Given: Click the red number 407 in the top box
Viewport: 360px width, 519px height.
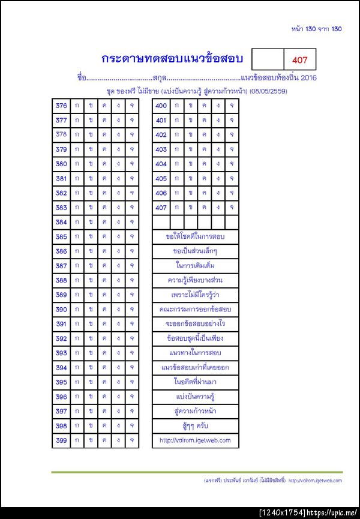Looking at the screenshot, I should [299, 60].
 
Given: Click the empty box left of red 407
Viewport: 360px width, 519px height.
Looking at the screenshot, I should [267, 60].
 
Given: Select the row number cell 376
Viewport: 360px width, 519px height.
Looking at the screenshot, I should [61, 106].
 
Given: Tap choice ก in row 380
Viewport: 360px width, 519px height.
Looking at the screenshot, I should [76, 164].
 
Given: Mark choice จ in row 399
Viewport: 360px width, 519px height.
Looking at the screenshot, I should [131, 440].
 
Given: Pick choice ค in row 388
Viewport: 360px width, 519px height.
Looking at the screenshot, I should [104, 280].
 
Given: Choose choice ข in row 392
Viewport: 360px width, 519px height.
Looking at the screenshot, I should [91, 338].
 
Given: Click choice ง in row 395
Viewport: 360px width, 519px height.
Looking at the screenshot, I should [118, 382].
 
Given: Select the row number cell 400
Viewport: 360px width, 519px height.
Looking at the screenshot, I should [161, 106].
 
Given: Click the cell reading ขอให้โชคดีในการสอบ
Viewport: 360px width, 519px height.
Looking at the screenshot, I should [196, 236].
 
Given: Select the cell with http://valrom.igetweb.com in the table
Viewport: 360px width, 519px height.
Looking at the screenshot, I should [196, 440].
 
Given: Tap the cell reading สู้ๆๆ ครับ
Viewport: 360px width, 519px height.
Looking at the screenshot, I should [196, 425].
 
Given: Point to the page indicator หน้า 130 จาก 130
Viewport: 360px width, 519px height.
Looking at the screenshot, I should [316, 29].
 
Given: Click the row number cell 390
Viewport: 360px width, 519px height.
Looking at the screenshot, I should [61, 310].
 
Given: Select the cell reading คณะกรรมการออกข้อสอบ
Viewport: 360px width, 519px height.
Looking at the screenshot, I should [196, 310].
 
